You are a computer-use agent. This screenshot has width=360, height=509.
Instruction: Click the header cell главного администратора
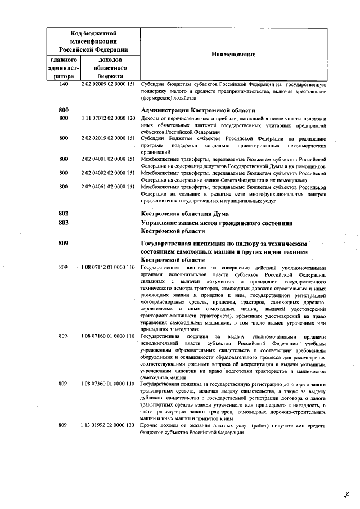pyautogui.click(x=64, y=67)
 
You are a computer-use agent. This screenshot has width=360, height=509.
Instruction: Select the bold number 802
pyautogui.click(x=63, y=214)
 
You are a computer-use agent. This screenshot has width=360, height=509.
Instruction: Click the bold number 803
pyautogui.click(x=63, y=223)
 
